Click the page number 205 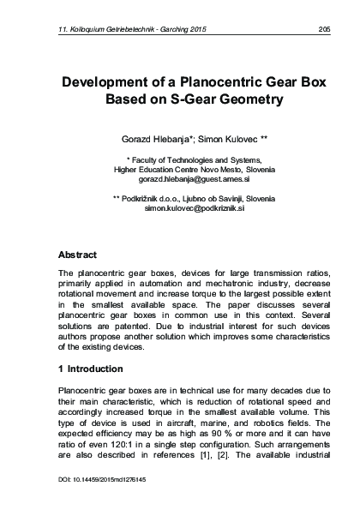[x=323, y=29]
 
